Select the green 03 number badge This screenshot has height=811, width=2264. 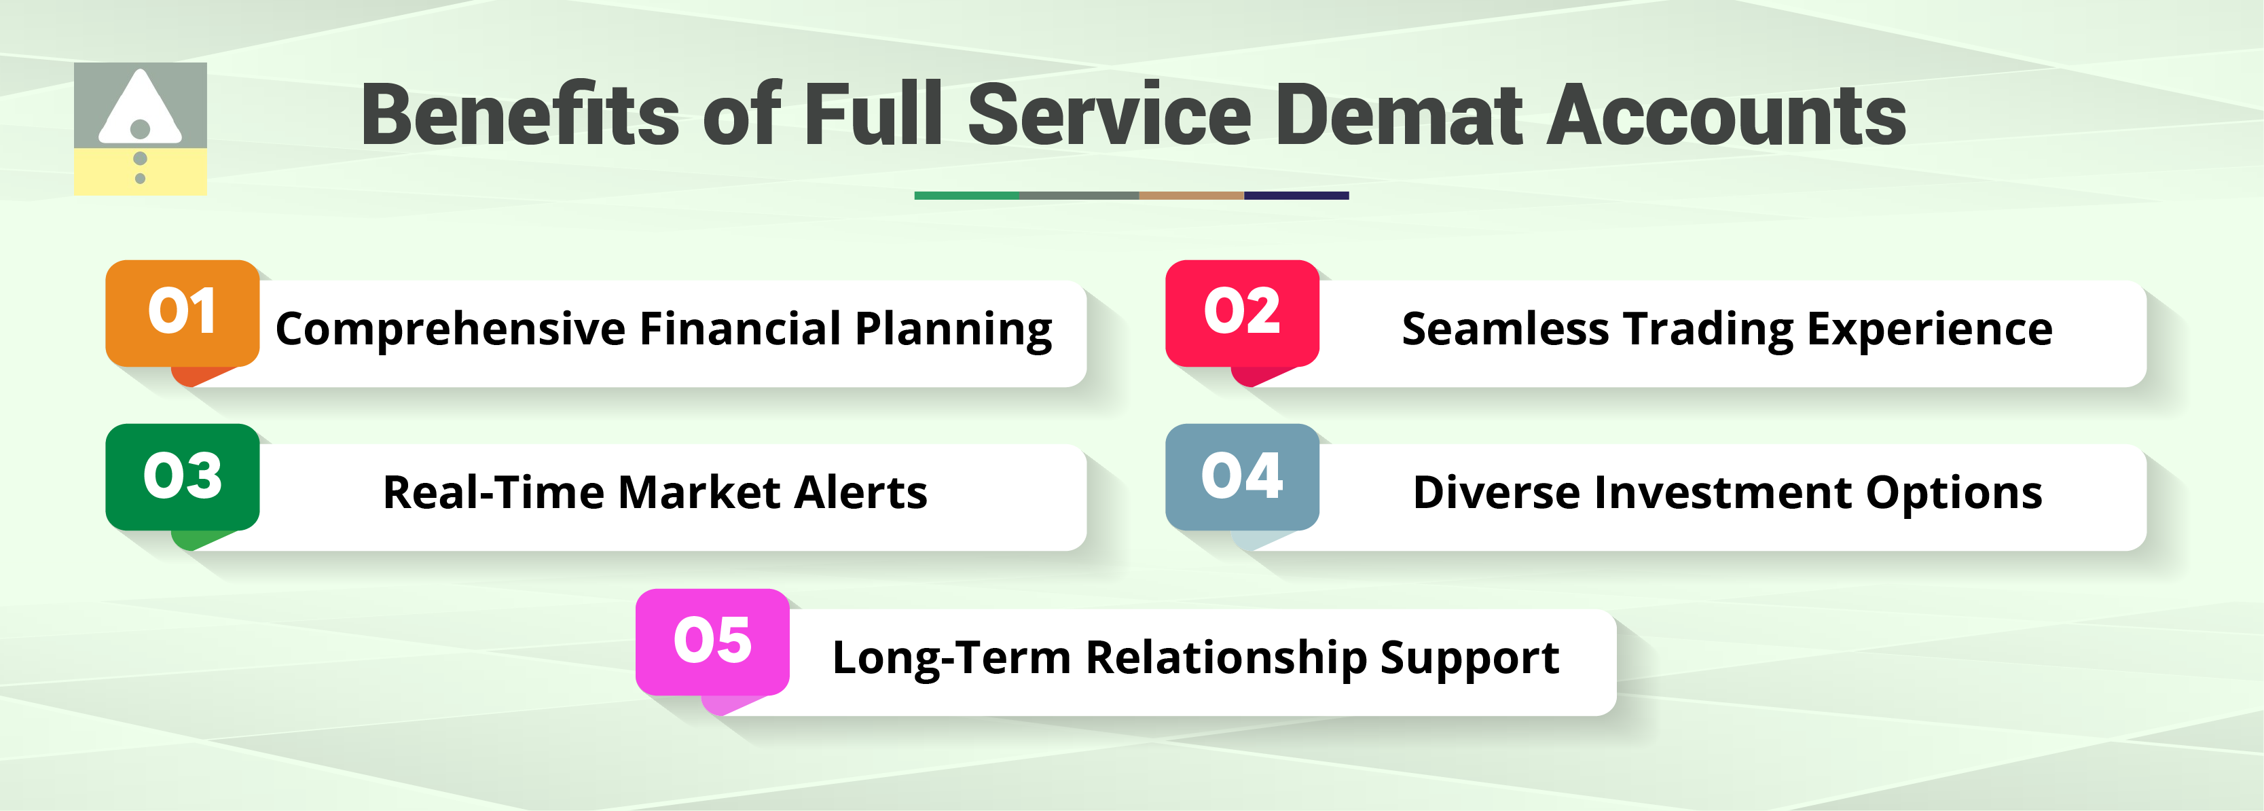tap(182, 476)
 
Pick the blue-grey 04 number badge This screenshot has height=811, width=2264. tap(1242, 476)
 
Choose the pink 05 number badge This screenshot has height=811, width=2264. tap(712, 641)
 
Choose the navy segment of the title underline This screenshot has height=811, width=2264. tap(1296, 195)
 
